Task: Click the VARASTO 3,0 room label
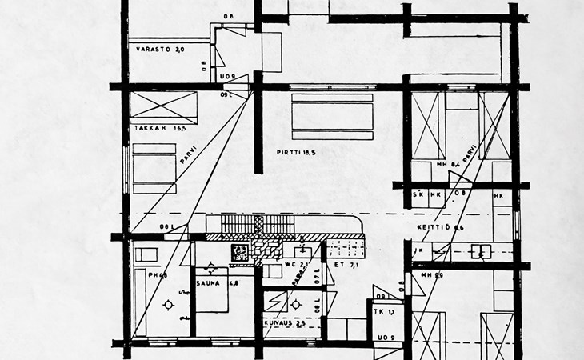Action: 160,50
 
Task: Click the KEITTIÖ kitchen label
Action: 435,227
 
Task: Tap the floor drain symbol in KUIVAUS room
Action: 294,303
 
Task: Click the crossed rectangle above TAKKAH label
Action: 165,108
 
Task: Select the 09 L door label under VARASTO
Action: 226,94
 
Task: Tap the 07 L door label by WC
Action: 316,277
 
